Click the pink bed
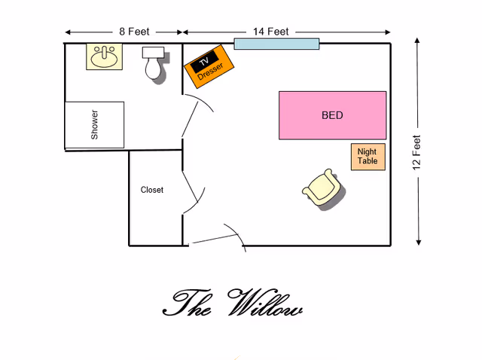point(332,115)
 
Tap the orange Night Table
point(368,157)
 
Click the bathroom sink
point(104,57)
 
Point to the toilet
point(154,63)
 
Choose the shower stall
point(95,125)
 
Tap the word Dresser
point(212,72)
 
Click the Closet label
point(152,190)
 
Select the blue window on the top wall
point(276,44)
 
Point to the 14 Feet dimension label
point(271,32)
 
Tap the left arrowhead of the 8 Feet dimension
point(68,32)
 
